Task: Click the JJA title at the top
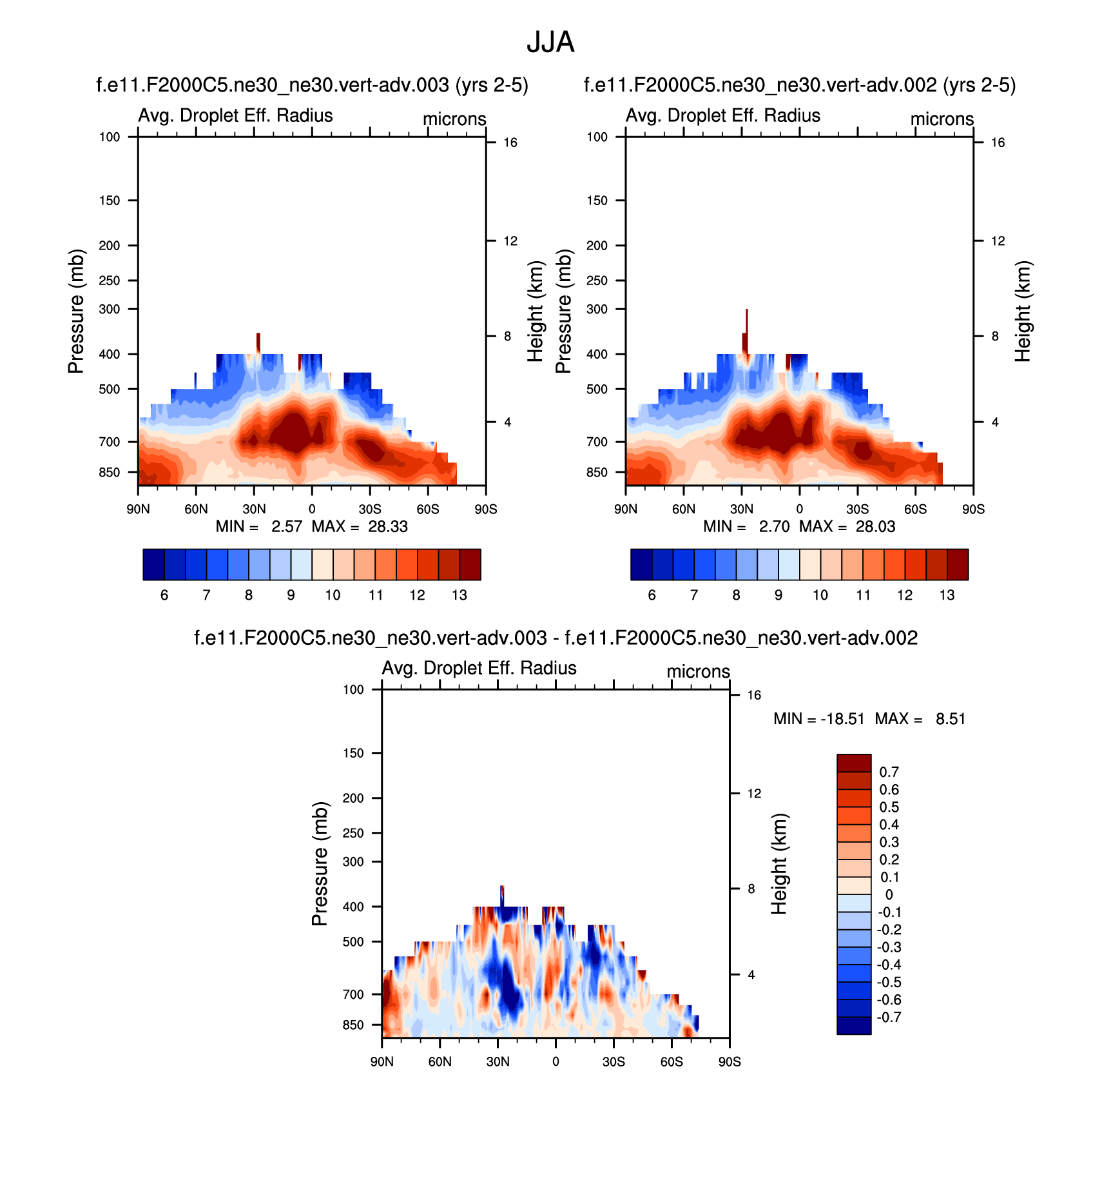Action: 550,43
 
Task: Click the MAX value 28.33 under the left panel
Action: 388,527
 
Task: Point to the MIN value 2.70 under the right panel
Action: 774,527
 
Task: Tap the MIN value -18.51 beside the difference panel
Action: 842,719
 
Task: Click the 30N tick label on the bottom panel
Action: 498,1062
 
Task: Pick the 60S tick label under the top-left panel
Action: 428,509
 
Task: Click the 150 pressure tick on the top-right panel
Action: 597,201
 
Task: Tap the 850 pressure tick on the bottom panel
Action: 353,1025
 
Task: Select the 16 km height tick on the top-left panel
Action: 510,143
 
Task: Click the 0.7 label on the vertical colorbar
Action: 889,772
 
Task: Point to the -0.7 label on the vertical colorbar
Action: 889,1018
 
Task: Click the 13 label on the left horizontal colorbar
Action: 459,595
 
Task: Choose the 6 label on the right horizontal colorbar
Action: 652,595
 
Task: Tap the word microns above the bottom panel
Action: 698,671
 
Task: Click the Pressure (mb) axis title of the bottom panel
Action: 320,863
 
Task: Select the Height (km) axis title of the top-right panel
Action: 1023,311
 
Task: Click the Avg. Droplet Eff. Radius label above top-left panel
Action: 235,115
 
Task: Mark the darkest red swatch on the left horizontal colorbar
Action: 470,565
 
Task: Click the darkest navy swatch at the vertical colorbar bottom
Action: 854,1025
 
